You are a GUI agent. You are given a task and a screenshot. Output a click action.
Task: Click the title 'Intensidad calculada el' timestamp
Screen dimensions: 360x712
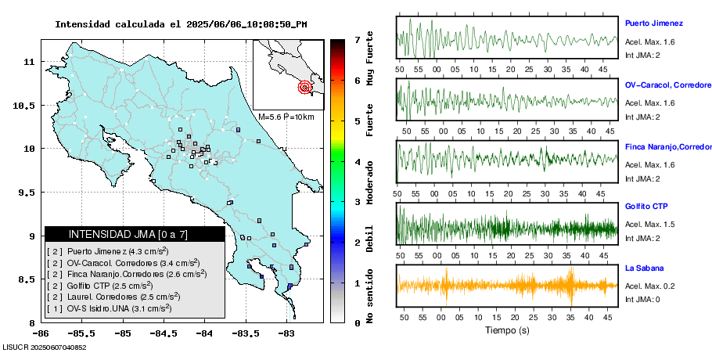point(181,24)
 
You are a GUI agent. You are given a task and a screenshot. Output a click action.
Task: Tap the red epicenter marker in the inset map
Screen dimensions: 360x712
point(305,88)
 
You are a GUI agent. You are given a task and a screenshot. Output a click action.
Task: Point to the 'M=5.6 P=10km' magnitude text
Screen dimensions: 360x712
point(286,117)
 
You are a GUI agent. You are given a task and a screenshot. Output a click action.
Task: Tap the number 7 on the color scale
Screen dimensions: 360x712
point(357,39)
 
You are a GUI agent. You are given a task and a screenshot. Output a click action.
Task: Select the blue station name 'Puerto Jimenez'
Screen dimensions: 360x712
point(654,23)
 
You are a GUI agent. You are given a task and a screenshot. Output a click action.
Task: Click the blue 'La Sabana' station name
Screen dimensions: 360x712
point(645,268)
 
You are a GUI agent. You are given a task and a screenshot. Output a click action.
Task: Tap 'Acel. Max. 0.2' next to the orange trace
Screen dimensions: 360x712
point(649,286)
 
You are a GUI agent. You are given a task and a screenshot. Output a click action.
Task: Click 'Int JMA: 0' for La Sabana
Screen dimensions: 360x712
point(642,300)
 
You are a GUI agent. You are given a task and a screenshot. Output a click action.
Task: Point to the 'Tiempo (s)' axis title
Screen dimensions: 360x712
point(508,331)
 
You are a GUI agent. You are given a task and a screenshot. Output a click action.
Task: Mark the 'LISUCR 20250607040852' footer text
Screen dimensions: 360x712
point(45,347)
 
